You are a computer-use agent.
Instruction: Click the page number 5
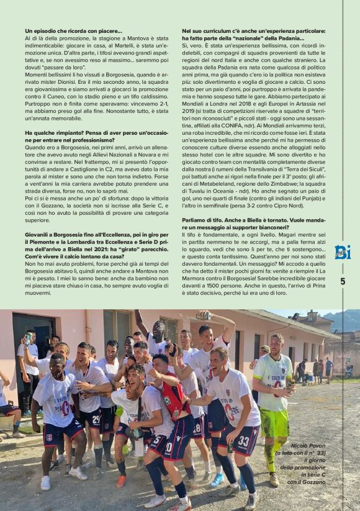[x=343, y=281]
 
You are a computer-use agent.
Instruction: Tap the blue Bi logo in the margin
[x=343, y=251]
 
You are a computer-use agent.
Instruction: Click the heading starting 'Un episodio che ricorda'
[x=73, y=30]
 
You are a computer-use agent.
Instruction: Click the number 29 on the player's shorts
[x=96, y=420]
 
